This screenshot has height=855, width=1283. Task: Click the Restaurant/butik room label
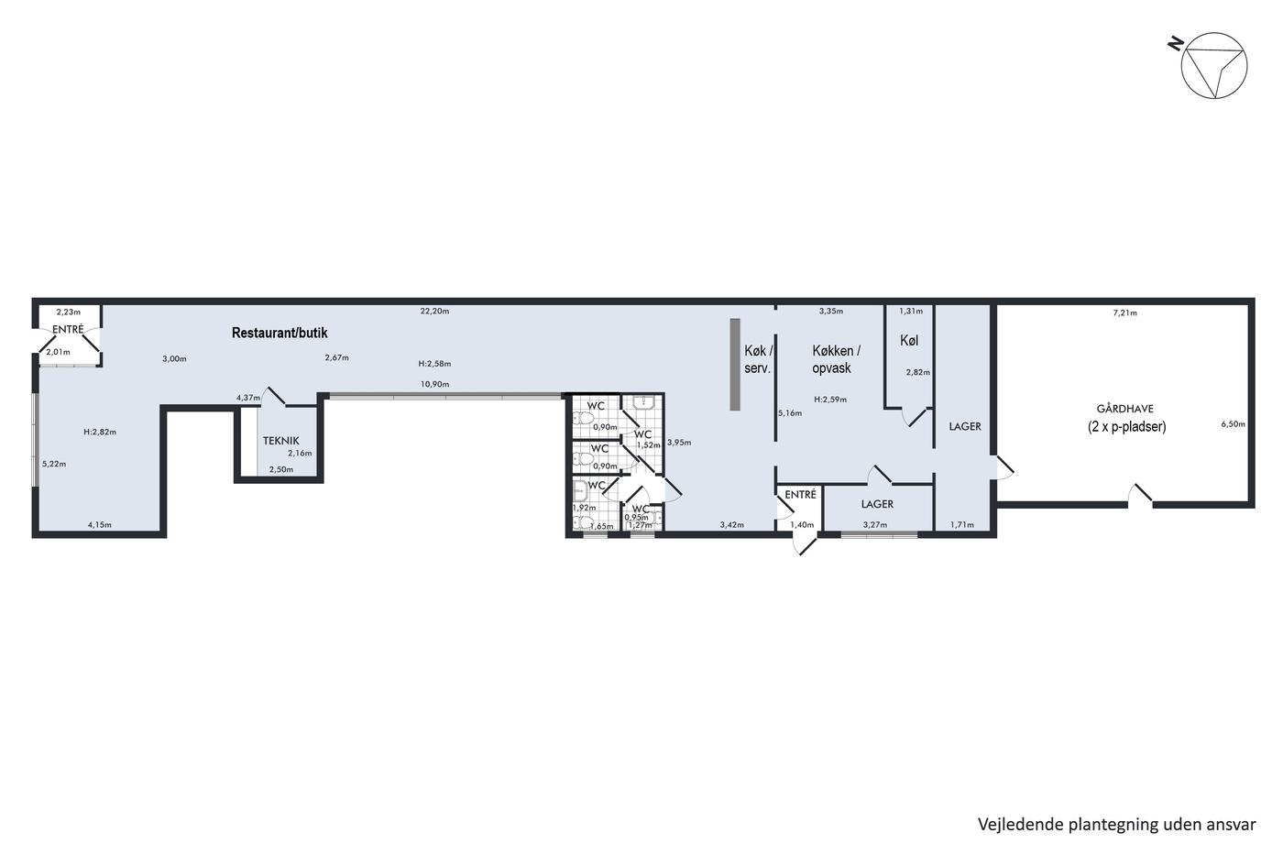[x=280, y=333]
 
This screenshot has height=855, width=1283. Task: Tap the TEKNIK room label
[x=280, y=441]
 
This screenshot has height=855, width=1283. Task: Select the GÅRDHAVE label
[x=1125, y=409]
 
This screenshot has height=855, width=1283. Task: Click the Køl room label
[x=909, y=341]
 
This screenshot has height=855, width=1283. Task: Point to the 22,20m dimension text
[x=434, y=312]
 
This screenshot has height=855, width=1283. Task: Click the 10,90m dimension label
[x=434, y=384]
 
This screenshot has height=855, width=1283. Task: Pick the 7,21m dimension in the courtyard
[x=1125, y=313]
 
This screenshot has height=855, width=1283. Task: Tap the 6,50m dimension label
[x=1234, y=424]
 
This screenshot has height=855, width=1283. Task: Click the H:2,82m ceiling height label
[x=100, y=432]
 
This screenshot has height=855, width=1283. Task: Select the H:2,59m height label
[x=830, y=400]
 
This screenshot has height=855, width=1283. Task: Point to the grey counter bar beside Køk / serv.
[x=735, y=364]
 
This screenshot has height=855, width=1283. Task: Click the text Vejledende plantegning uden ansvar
[x=1117, y=825]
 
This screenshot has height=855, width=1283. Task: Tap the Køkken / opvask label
[x=836, y=359]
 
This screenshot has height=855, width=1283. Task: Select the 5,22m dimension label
[x=54, y=464]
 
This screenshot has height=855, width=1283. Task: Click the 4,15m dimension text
[x=100, y=524]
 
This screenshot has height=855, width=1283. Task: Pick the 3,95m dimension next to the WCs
[x=679, y=443]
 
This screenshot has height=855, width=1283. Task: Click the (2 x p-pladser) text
[x=1126, y=427]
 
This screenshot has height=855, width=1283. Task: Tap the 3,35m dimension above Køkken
[x=831, y=312]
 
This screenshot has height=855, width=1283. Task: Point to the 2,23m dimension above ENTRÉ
[x=68, y=312]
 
